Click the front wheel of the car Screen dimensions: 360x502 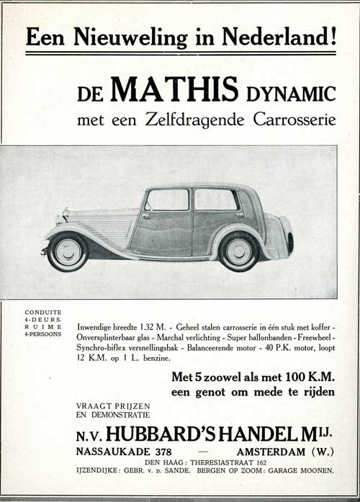tap(67, 251)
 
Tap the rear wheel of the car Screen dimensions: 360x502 tap(240, 251)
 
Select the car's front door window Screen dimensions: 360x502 tap(168, 200)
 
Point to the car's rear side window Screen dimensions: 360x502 tap(215, 199)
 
